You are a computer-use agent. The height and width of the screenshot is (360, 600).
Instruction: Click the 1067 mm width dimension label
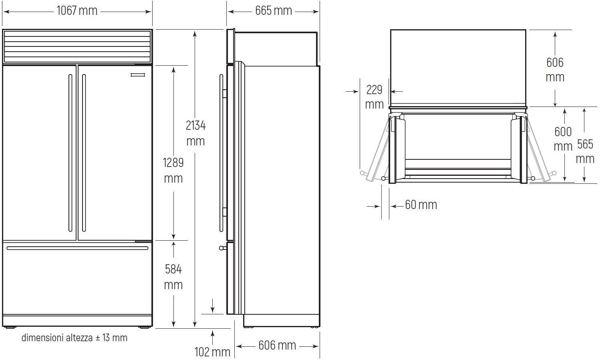pos(77,11)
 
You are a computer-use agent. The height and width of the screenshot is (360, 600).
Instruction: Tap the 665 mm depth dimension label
pos(274,11)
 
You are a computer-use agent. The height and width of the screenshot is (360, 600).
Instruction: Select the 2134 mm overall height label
pos(195,133)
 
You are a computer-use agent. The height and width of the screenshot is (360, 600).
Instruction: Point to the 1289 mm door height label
pos(173,170)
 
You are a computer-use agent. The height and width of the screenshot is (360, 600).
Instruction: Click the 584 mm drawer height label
pos(173,277)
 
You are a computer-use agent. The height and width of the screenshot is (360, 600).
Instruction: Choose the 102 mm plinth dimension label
pos(212,352)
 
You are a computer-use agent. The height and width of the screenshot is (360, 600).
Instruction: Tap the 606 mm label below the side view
pos(277,345)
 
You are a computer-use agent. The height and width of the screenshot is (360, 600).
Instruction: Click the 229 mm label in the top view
pos(374,97)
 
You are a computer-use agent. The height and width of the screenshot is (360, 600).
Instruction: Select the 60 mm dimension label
pos(421,205)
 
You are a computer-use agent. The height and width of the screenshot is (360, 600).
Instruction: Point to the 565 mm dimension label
pos(585,152)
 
